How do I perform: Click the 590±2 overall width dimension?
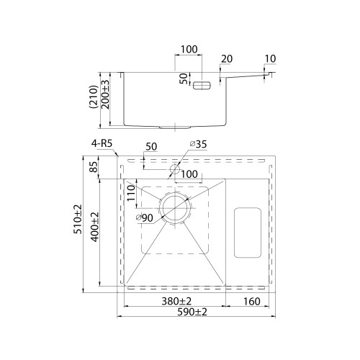point(192,312)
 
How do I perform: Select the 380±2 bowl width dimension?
point(176,301)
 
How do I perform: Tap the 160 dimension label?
point(252,302)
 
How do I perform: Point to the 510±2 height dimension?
point(78,219)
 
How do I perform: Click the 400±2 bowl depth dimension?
point(95,227)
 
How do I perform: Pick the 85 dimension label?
point(94,166)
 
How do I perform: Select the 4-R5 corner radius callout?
point(102,143)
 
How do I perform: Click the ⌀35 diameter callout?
point(198,144)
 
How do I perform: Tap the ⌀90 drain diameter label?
point(144,217)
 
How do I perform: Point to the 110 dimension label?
point(131,193)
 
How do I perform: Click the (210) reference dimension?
point(94,97)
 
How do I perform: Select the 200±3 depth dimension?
point(105,94)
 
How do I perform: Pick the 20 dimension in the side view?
point(227,59)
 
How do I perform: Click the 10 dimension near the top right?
point(271,58)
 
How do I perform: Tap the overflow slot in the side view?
point(202,86)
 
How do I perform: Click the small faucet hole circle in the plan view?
point(175,169)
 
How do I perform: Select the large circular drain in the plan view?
point(175,208)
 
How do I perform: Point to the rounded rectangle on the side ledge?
point(248,233)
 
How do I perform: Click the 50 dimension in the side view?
point(184,78)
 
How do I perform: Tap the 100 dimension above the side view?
point(189,49)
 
